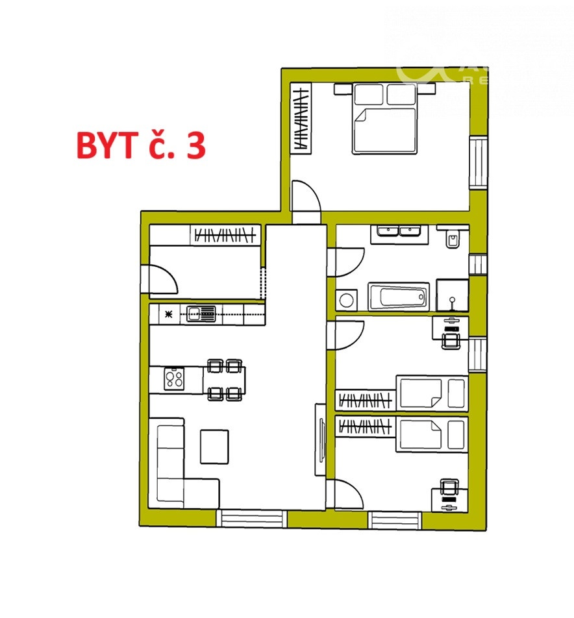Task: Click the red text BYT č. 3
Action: tap(141, 146)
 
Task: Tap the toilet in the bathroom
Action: tap(453, 239)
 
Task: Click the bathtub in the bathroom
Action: tap(399, 297)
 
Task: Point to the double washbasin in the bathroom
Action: tap(399, 233)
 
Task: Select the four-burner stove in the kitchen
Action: tap(174, 379)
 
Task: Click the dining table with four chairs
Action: tap(225, 379)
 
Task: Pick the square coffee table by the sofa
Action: tap(214, 447)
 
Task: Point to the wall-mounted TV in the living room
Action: tap(321, 441)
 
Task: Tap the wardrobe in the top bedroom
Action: tap(301, 118)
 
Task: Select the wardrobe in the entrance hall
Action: tap(225, 234)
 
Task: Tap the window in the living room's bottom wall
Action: tap(251, 518)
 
